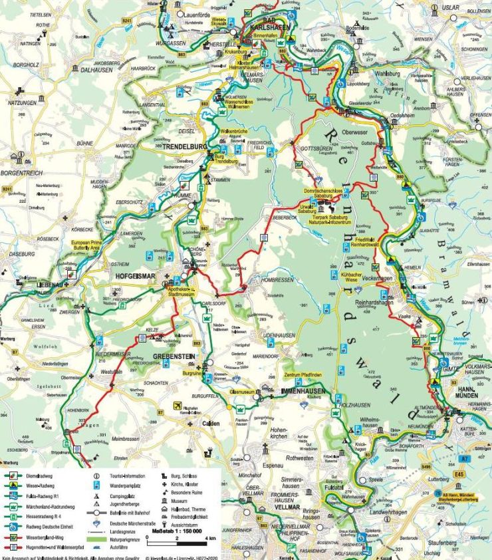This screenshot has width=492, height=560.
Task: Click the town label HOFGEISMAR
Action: click(135, 273)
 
